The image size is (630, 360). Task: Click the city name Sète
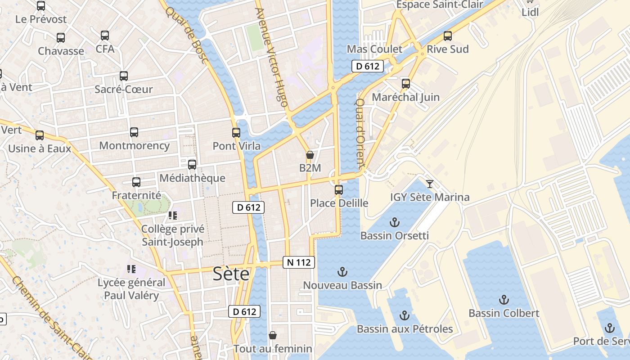coord(231,273)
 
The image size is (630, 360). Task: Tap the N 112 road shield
coord(298,262)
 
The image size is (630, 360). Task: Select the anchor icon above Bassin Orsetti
coord(394,222)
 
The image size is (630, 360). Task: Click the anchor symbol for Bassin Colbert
coord(504,300)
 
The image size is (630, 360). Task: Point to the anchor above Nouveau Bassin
coord(342,271)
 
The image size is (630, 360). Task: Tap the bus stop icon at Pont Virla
coord(236,132)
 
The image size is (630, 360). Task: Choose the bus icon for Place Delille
coord(339,189)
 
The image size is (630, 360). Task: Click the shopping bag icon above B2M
coord(310,155)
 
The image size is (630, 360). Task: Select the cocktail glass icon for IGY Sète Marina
coord(429,184)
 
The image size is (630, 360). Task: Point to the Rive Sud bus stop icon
coord(447,36)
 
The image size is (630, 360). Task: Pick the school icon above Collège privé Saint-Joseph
coord(172,216)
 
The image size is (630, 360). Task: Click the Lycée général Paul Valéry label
coord(131,289)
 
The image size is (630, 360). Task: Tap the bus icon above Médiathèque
coord(192,164)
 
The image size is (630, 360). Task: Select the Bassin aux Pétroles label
coord(405,329)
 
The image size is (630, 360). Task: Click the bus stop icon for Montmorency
coord(134,132)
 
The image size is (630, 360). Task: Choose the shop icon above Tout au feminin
coord(272,335)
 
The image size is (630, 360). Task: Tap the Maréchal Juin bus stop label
coord(405,97)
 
